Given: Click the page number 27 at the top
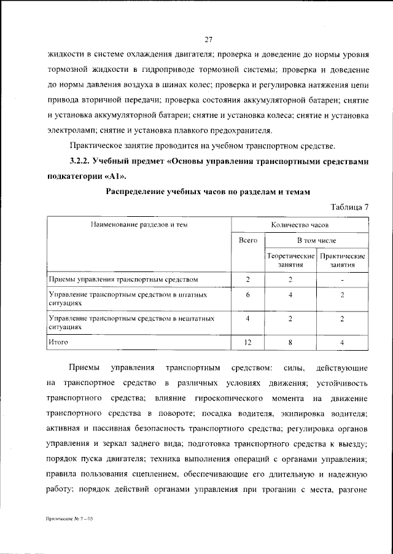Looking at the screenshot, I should pos(208,40).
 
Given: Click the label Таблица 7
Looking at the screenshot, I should pos(349,206).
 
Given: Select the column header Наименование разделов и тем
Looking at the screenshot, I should pos(139,225).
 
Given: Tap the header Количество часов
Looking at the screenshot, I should pos(300,225).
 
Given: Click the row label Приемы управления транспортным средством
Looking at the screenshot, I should pos(123,280).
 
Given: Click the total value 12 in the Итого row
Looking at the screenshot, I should pos(247,341).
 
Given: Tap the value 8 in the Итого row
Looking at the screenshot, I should pos(290,341).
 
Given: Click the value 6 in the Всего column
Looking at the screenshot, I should pos(247,295).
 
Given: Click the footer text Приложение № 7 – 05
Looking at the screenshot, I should pos(69,519).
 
